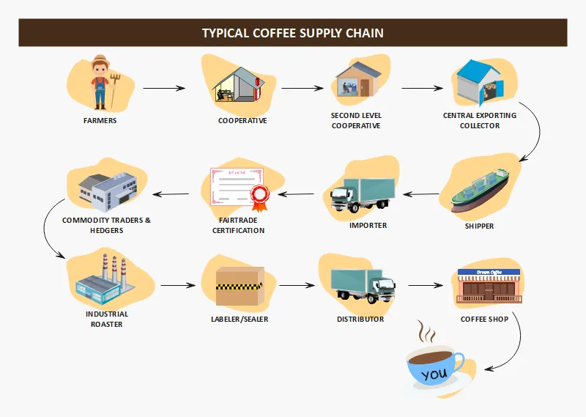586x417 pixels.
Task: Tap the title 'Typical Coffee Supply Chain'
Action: (x=292, y=33)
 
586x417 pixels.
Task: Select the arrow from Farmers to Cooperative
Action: (x=164, y=89)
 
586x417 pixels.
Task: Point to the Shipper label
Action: (x=479, y=226)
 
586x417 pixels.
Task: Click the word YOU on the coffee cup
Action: (x=434, y=374)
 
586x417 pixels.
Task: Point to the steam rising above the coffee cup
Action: (x=426, y=333)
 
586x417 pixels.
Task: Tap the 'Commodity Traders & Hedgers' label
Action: (x=106, y=225)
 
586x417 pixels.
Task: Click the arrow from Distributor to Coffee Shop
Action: (x=428, y=286)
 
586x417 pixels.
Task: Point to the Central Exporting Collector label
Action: (x=480, y=120)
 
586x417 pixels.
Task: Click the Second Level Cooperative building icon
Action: (x=355, y=81)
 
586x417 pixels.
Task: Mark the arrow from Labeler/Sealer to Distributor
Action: (x=296, y=286)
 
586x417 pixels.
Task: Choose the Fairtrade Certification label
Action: (x=239, y=225)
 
